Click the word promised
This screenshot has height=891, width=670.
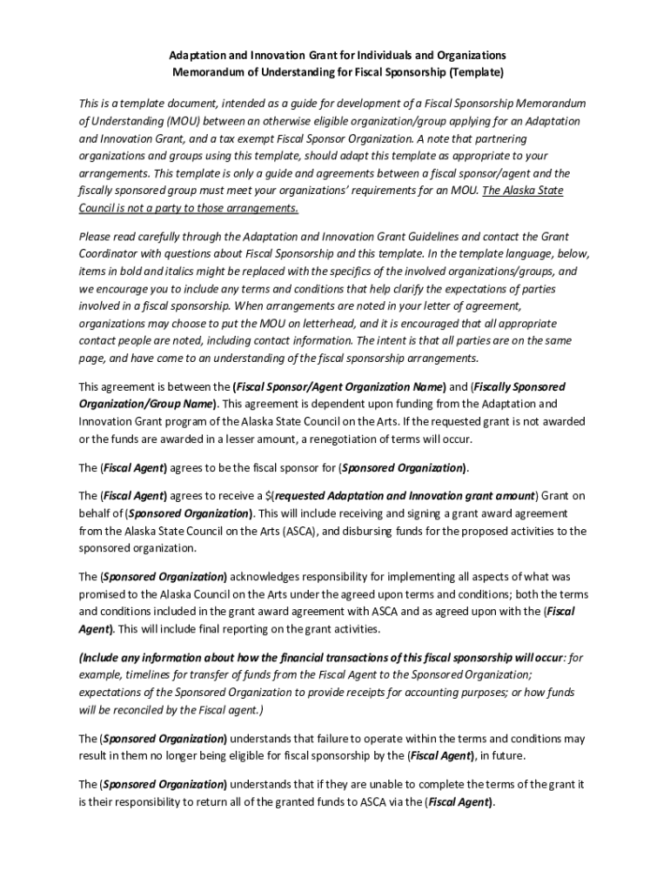[103, 593]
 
